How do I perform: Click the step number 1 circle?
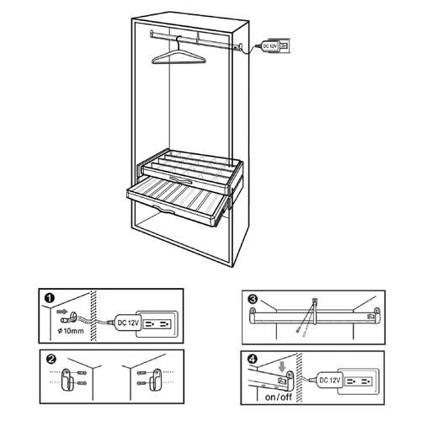(50, 298)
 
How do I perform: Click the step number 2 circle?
(52, 360)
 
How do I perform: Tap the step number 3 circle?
(253, 300)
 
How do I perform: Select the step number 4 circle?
(252, 359)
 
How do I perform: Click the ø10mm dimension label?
(71, 331)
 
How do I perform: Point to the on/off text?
(279, 397)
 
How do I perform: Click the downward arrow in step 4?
(283, 365)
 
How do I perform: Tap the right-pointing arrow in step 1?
(62, 312)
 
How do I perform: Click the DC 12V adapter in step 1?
(127, 322)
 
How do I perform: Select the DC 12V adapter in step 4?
(329, 381)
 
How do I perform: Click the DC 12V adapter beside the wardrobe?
(270, 45)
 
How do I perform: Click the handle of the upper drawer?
(180, 180)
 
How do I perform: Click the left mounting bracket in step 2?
(67, 380)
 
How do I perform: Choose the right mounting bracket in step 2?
(156, 380)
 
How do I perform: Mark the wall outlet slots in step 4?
(358, 381)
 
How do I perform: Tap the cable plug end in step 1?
(64, 319)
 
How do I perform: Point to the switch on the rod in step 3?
(371, 317)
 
